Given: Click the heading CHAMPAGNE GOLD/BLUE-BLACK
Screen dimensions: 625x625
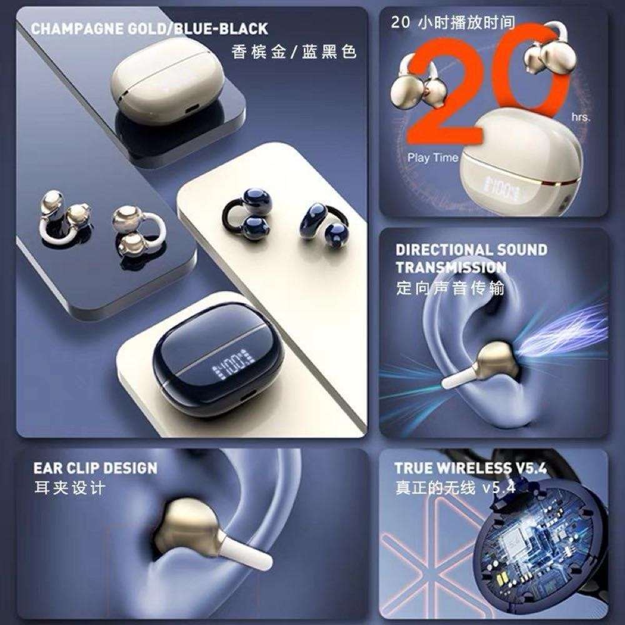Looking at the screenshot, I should [x=149, y=29].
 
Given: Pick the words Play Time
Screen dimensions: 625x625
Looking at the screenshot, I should [x=432, y=157].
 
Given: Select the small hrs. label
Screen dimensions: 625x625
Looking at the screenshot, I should [x=579, y=117].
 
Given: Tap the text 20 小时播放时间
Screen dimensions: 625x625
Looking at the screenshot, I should [x=453, y=23].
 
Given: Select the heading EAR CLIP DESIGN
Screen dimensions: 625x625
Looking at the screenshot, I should [x=96, y=467].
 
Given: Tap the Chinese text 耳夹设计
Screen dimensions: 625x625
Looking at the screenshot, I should [x=70, y=487].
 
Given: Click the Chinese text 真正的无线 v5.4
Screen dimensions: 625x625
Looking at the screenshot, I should [x=456, y=487].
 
